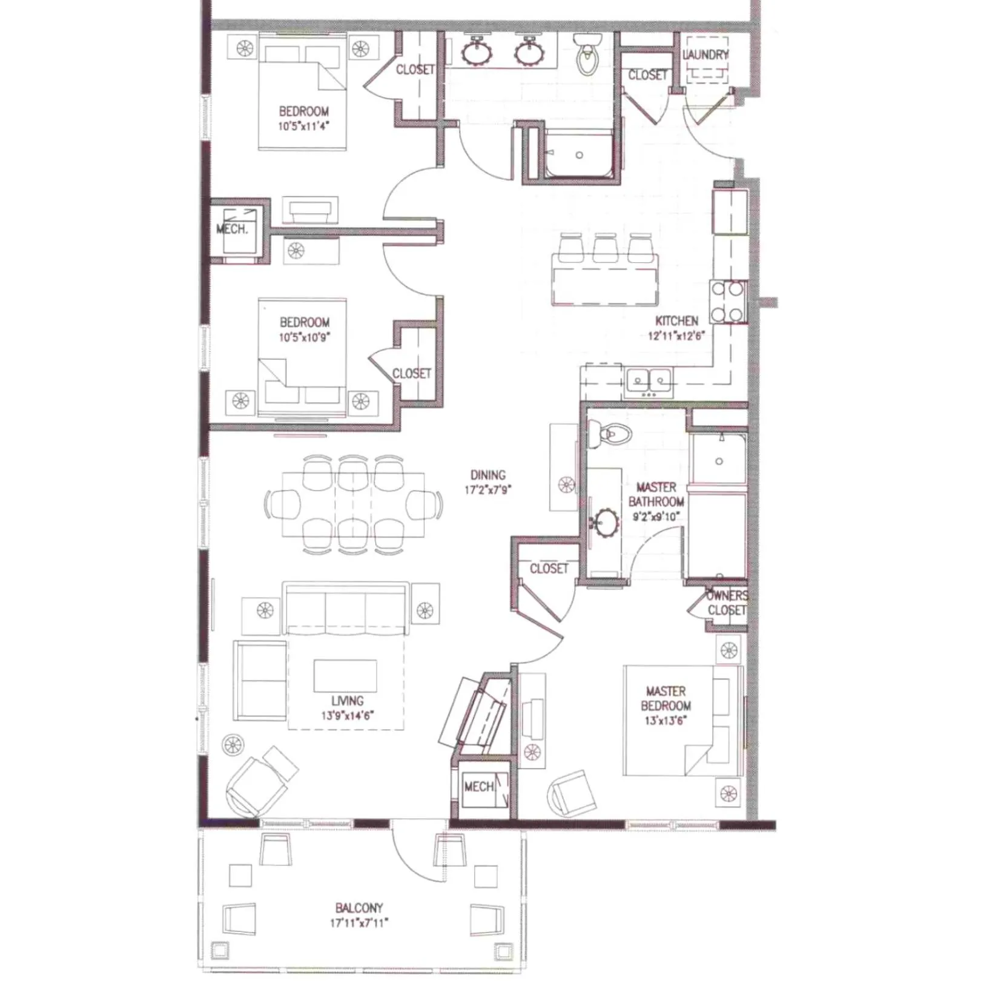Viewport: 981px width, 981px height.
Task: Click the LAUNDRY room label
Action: pyautogui.click(x=705, y=54)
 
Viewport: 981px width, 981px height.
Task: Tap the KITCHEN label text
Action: pyautogui.click(x=676, y=321)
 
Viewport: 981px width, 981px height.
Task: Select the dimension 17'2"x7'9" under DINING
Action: pyautogui.click(x=487, y=490)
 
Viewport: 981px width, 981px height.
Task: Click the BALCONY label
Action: pyautogui.click(x=359, y=908)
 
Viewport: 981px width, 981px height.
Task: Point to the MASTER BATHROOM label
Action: pyautogui.click(x=656, y=494)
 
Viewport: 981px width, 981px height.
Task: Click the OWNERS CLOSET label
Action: pyautogui.click(x=727, y=603)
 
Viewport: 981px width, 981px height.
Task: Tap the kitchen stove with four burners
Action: pyautogui.click(x=728, y=301)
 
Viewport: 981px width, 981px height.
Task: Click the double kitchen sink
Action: pyautogui.click(x=649, y=381)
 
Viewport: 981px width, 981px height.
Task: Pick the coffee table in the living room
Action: pyautogui.click(x=345, y=675)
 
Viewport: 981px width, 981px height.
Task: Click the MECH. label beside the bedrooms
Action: pyautogui.click(x=232, y=230)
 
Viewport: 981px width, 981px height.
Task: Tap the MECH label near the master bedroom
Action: pyautogui.click(x=478, y=787)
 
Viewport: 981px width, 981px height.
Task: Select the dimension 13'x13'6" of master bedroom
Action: pyautogui.click(x=666, y=721)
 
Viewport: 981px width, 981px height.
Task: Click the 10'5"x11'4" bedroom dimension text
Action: pyautogui.click(x=304, y=127)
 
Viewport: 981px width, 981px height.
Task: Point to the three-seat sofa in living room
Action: pyautogui.click(x=345, y=609)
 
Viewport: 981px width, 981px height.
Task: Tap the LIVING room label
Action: pyautogui.click(x=347, y=701)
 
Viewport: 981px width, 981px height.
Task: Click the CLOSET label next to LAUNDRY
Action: pyautogui.click(x=647, y=75)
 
